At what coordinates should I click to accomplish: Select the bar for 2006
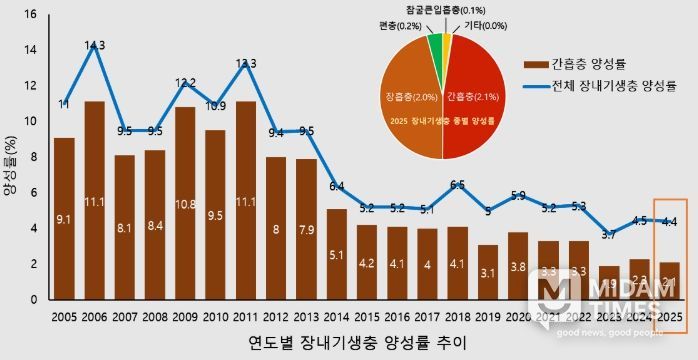tap(95, 200)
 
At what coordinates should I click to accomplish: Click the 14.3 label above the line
tap(95, 45)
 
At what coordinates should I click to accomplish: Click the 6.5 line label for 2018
tap(458, 185)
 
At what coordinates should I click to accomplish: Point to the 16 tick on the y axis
tap(29, 15)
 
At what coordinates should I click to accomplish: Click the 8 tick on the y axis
tap(31, 157)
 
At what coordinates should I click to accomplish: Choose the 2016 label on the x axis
tap(398, 316)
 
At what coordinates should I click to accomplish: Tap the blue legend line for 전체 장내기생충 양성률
tap(533, 87)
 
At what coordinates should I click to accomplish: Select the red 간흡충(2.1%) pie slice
tap(475, 100)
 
